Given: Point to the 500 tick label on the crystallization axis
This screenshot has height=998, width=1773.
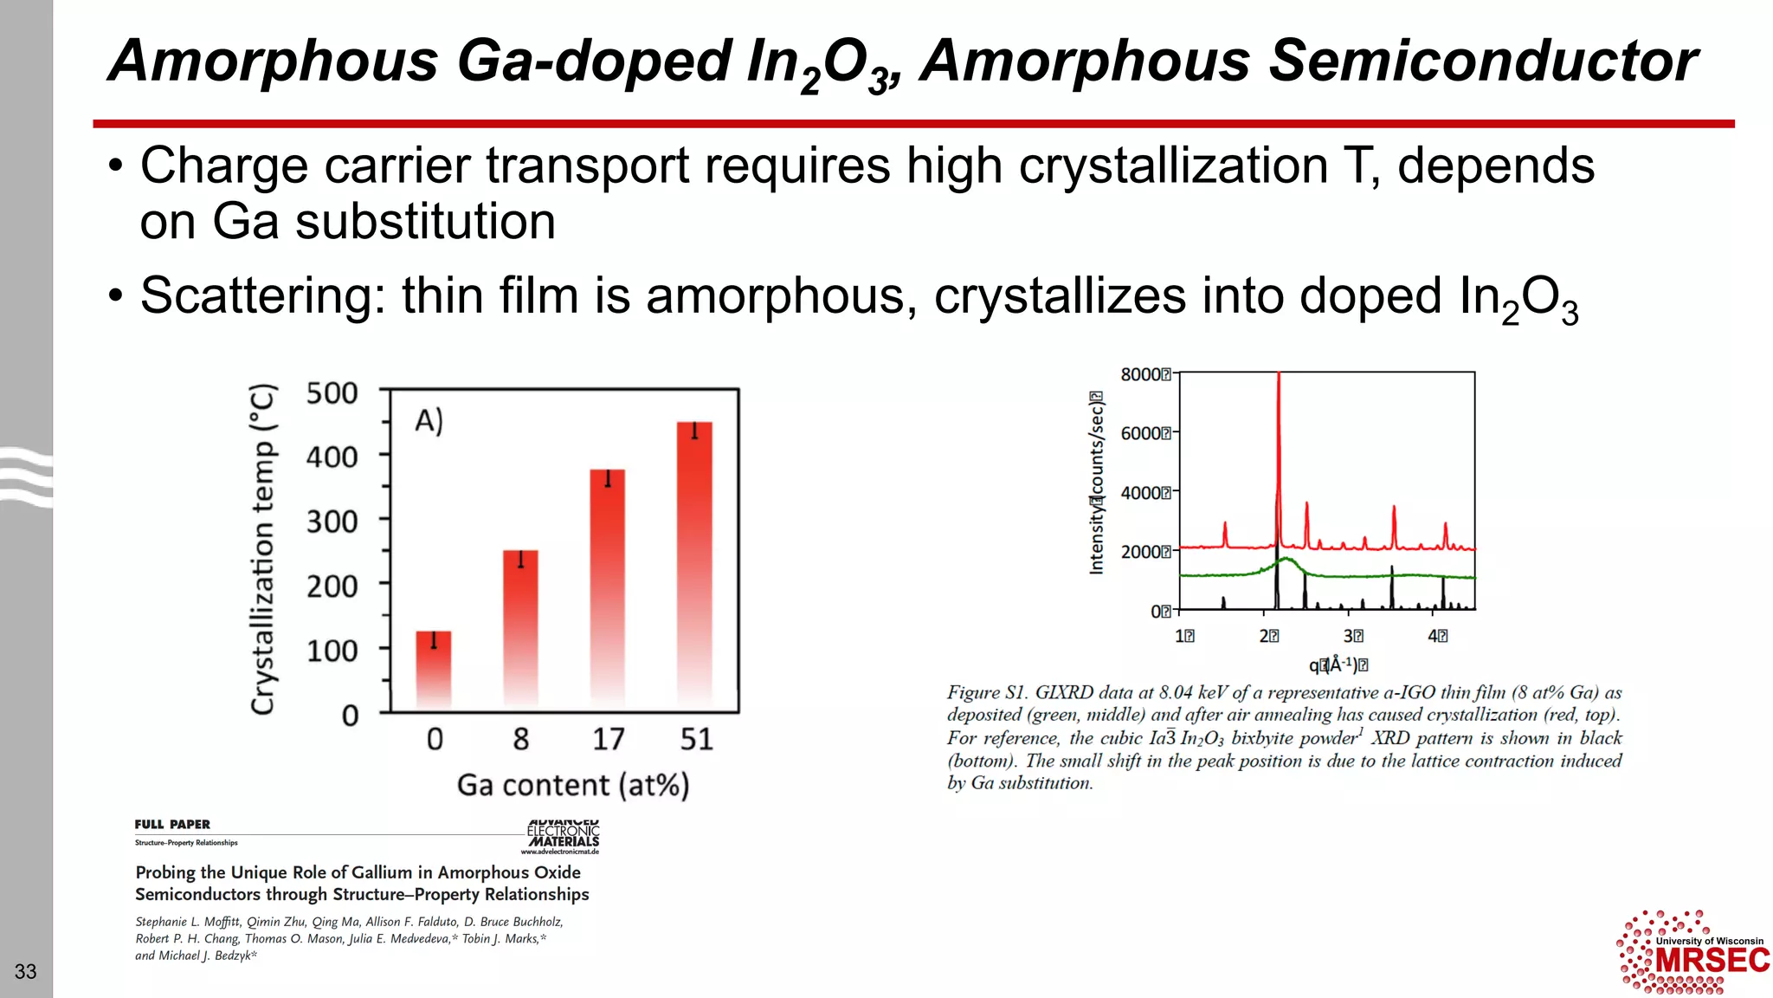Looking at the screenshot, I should point(332,393).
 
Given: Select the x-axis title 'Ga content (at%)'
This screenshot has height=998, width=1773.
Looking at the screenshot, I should point(573,785).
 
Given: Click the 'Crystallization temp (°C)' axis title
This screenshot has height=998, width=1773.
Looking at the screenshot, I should point(263,549).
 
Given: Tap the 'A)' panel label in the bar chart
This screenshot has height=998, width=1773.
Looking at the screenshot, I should point(429,421).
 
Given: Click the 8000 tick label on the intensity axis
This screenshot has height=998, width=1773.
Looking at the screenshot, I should point(1141,374).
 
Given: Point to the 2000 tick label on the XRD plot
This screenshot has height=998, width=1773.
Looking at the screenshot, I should point(1141,552).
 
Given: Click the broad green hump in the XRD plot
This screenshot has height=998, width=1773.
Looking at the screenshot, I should point(1286,563).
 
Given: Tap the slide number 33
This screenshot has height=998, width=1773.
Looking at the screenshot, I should point(26,971).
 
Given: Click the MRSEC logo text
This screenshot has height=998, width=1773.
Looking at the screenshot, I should point(1712,961).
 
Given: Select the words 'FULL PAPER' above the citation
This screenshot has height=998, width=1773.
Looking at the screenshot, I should point(172,824).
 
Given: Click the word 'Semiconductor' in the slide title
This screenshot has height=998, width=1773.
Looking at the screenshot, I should point(1483,61).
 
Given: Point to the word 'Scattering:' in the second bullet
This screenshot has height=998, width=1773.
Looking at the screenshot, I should point(262,295).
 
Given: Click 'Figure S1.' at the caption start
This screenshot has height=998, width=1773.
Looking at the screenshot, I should point(986,692).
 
